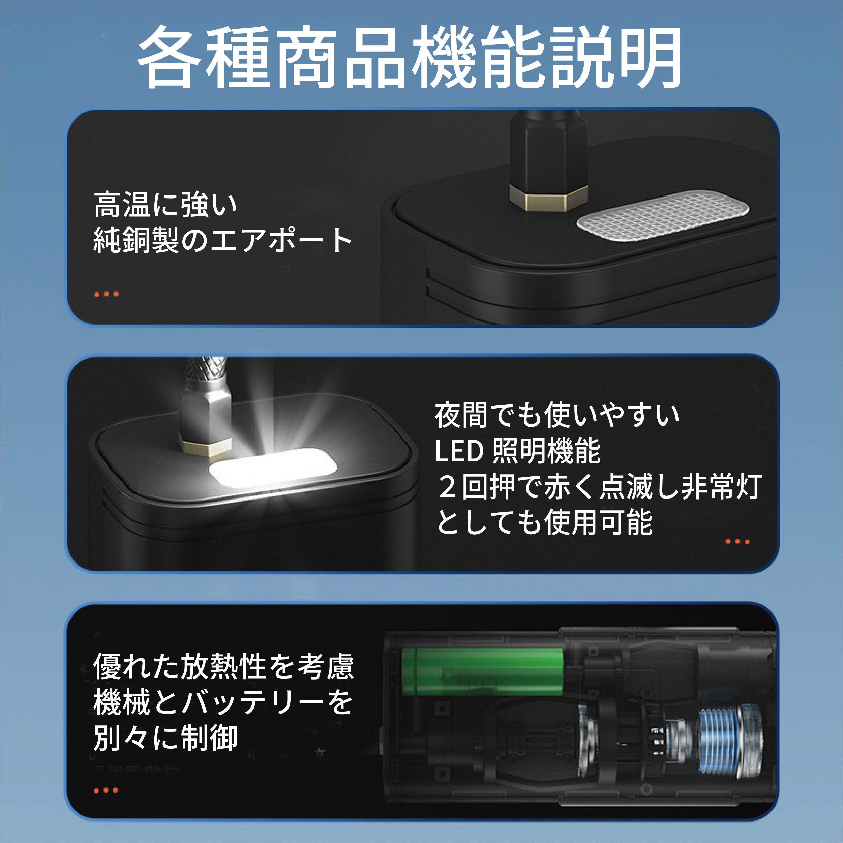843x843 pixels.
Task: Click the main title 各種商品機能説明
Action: point(409,57)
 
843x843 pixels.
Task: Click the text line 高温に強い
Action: point(165,204)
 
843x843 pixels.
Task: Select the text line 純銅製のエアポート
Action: point(222,240)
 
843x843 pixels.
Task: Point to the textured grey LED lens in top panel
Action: point(662,214)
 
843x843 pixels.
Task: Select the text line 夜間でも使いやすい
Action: point(557,415)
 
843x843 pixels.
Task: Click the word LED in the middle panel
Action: point(459,451)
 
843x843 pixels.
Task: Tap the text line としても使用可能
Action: point(545,522)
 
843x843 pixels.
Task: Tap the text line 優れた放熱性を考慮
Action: point(223,666)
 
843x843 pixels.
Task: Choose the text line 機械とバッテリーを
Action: point(222,702)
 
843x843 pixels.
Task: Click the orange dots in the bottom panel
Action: point(106,790)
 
